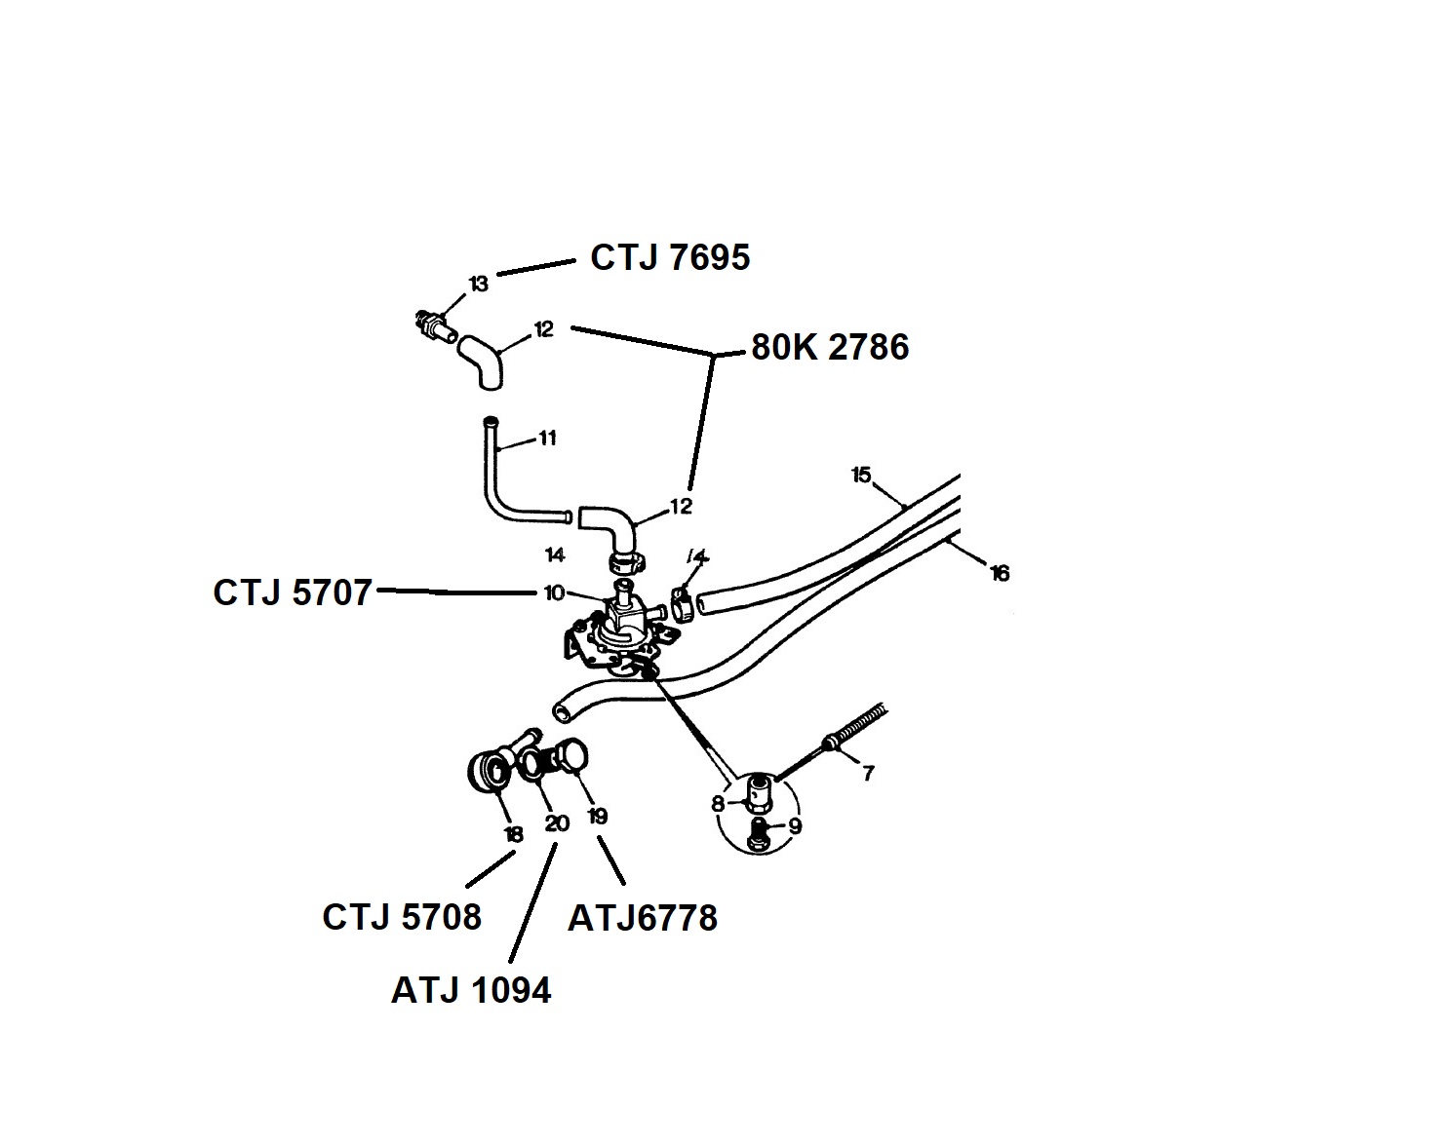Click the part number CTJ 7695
point(670,257)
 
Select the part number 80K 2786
point(830,347)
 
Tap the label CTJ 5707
point(293,592)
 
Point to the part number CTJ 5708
point(402,917)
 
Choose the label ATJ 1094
point(471,990)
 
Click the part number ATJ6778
point(643,918)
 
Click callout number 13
point(478,284)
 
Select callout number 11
point(547,439)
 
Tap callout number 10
point(554,592)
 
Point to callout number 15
point(860,475)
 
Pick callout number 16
point(1000,573)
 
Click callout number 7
point(868,774)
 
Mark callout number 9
point(795,826)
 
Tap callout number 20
point(557,823)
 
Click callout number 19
point(597,817)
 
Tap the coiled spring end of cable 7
point(858,725)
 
